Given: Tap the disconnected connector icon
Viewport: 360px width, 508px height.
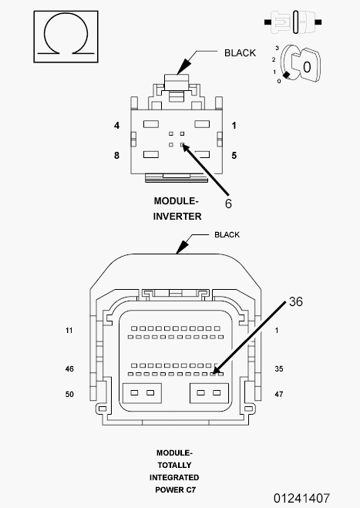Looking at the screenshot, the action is tap(293, 22).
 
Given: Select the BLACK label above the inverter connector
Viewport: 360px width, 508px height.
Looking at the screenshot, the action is tap(240, 53).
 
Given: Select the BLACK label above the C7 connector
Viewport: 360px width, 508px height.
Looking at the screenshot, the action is tap(227, 234).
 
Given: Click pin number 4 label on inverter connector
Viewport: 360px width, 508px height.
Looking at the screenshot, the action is tap(116, 126).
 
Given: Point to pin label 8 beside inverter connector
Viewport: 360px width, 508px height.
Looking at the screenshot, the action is tap(116, 156).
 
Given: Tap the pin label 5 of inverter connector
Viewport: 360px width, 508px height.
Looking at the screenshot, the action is tap(234, 156).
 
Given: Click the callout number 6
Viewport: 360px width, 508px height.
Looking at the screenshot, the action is tap(228, 204).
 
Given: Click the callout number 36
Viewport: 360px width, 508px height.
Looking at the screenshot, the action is tap(295, 301).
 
